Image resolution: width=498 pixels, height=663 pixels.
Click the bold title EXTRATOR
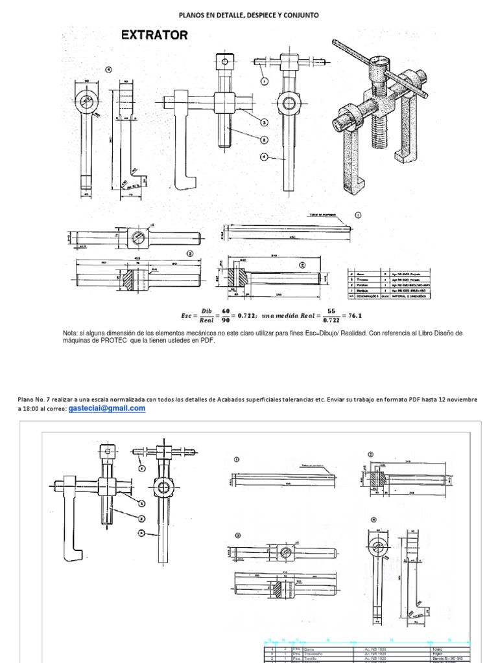coord(154,36)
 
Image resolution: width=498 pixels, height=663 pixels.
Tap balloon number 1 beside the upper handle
coord(265,80)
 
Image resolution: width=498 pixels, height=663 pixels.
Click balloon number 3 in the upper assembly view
coord(265,122)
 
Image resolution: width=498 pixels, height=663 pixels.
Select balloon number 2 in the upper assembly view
coord(265,139)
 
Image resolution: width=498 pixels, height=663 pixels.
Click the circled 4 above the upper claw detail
coord(108,69)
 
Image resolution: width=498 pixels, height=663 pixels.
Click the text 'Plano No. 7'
coord(34,399)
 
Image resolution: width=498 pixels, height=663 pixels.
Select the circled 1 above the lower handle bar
coord(237,458)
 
